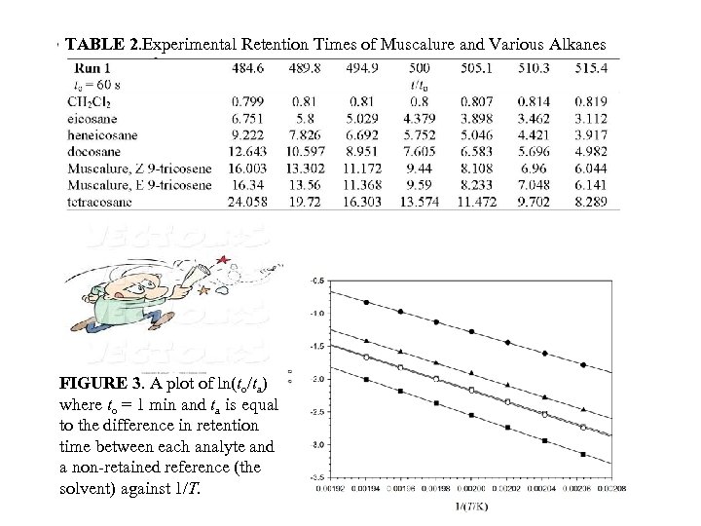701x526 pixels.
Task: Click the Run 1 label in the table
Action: pyautogui.click(x=95, y=68)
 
